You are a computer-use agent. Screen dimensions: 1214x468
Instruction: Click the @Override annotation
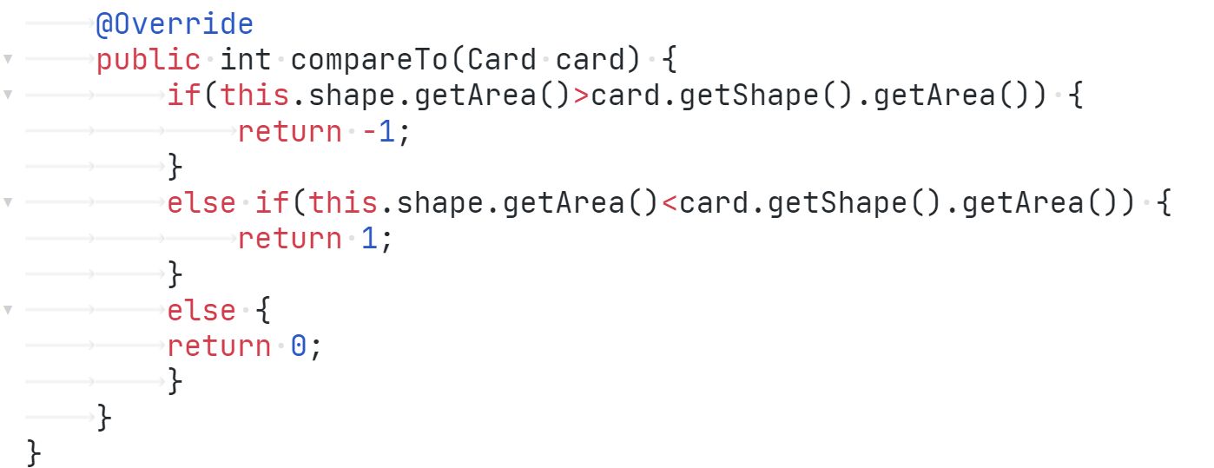click(x=175, y=24)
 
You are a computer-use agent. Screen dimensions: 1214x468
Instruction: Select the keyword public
click(x=148, y=60)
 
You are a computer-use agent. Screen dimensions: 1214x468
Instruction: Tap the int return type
click(x=246, y=60)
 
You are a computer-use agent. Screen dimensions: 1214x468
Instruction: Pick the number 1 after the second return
click(x=369, y=239)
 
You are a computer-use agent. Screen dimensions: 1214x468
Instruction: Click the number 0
click(x=299, y=346)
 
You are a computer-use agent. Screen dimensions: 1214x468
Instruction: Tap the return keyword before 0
click(x=219, y=346)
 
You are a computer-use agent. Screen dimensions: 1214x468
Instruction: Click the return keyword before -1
click(x=289, y=132)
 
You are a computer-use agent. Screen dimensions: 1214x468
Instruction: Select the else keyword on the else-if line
click(x=201, y=203)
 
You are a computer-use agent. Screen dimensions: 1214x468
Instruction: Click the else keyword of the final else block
click(x=201, y=310)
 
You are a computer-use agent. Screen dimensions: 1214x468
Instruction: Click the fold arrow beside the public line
click(x=8, y=61)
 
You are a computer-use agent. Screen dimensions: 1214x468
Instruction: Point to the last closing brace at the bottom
click(x=34, y=452)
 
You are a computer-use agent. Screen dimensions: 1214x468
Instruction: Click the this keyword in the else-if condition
click(x=343, y=203)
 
